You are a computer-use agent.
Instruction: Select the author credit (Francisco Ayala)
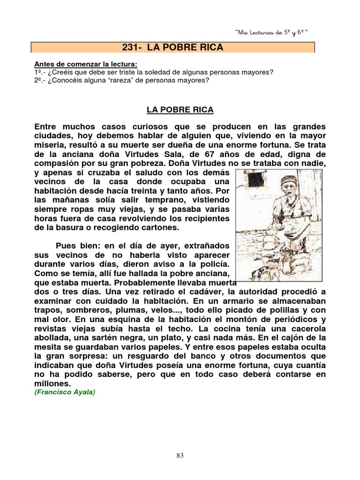tap(65, 392)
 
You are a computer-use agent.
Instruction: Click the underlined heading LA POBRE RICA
tap(180, 110)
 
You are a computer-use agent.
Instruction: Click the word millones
tap(52, 383)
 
